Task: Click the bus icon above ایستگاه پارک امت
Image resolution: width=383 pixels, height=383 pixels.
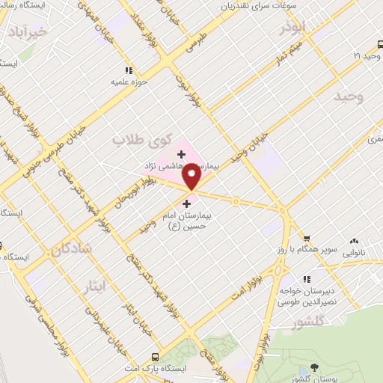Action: click(x=155, y=357)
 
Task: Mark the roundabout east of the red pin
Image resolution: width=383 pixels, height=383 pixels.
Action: click(x=236, y=201)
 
